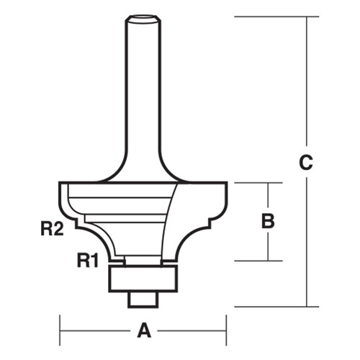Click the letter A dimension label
coord(143,330)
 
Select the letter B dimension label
coord(268,222)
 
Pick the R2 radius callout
coord(50,230)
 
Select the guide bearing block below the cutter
coord(143,277)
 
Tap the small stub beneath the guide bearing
coord(143,297)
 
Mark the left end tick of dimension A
coord(60,330)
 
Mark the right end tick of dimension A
coord(227,330)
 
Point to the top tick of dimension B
coord(268,183)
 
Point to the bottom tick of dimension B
coord(268,260)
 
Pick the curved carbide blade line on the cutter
coord(173,216)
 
